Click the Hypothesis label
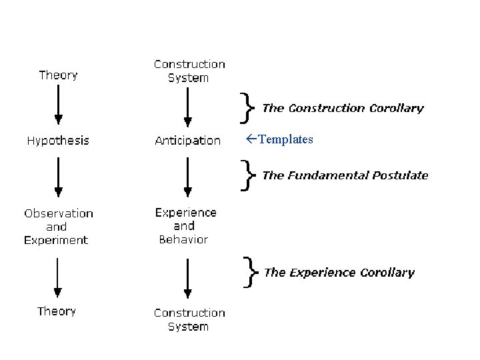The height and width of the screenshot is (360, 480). (x=58, y=141)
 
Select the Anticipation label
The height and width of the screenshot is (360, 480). (x=187, y=141)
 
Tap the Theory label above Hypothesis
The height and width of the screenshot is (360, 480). (x=58, y=75)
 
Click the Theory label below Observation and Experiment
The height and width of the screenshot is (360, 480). (x=57, y=311)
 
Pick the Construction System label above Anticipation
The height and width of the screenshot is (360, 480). (x=189, y=71)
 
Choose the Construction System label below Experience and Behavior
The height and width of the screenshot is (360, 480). (x=189, y=319)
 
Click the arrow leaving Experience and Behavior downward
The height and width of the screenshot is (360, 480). (x=188, y=277)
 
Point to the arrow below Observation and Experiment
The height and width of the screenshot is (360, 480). (x=59, y=277)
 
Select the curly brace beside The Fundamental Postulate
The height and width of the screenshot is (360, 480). (x=248, y=175)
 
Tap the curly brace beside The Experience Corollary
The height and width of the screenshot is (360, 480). (x=249, y=272)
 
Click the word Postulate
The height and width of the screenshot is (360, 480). (x=400, y=175)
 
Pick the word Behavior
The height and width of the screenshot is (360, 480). (x=183, y=239)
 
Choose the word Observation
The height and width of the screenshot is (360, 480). (x=59, y=213)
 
